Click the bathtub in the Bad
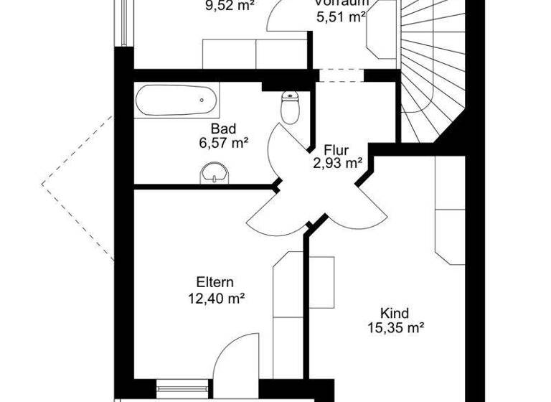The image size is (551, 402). coord(176,101)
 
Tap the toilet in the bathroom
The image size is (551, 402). coord(290,108)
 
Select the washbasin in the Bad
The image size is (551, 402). coord(213,172)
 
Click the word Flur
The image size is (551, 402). coord(336,151)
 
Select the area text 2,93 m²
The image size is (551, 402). coord(336,164)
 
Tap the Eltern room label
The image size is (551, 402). coord(215,282)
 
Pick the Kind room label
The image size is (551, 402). coord(394,313)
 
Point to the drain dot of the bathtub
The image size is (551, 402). coord(202,100)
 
